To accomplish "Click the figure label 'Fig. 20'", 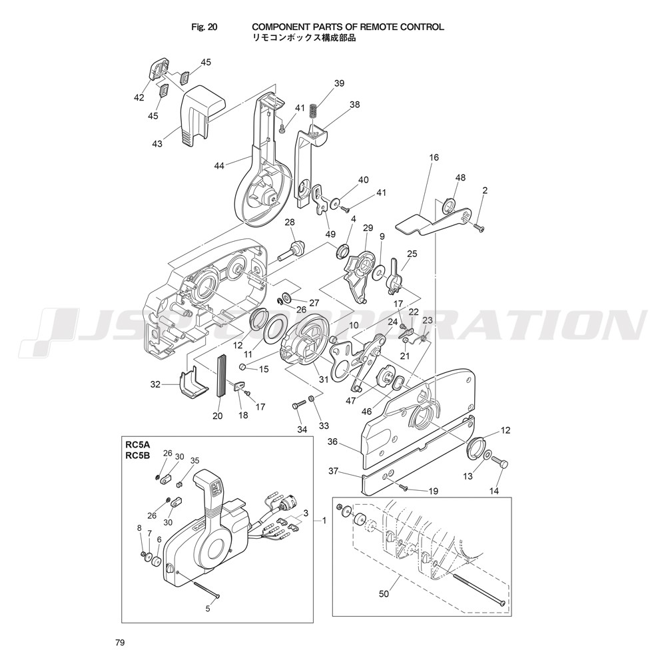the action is point(204,27).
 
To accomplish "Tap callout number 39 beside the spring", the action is point(339,83).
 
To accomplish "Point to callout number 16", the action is point(434,158).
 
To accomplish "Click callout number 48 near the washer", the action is point(460,178).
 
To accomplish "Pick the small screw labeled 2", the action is point(480,228).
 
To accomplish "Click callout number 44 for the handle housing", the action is point(219,166).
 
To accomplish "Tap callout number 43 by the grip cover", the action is point(157,144).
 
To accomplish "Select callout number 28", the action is point(290,222).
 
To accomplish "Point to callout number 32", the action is point(155,384).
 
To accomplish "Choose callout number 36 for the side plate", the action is point(332,442).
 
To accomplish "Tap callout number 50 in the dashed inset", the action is point(384,594).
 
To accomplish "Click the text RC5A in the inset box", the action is point(135,446).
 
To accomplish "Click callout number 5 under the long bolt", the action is point(208,609).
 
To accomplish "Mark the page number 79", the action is point(119,643).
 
